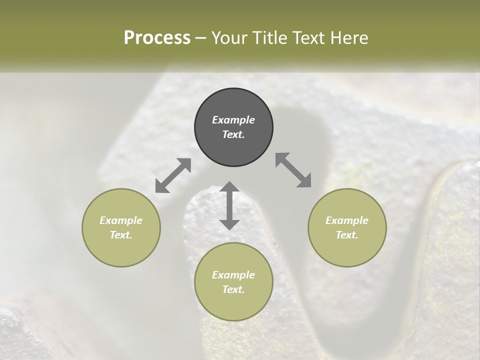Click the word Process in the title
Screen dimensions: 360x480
157,38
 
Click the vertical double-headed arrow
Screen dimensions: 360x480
229,205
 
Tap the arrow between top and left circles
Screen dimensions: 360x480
173,175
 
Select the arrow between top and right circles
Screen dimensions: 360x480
293,170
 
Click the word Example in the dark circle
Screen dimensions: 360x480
233,120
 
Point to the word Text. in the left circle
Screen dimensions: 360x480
121,235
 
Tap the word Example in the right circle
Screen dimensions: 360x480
347,220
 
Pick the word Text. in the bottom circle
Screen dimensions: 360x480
233,289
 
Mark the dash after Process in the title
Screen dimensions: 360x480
201,38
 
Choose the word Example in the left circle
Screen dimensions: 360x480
121,220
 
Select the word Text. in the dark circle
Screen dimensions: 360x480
233,134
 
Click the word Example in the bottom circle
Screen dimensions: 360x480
233,275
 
